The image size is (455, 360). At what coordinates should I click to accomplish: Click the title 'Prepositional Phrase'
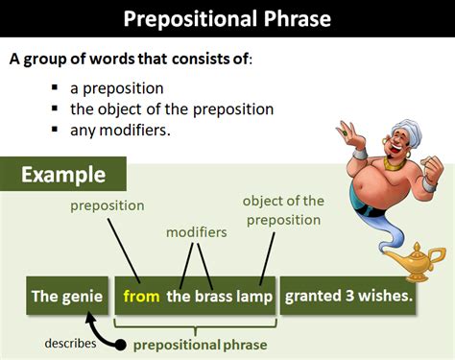(x=227, y=18)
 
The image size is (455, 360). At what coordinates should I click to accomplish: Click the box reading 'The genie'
(x=65, y=297)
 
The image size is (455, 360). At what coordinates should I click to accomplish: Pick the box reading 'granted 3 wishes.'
(x=349, y=297)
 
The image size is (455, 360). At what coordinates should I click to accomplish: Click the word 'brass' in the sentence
(x=214, y=297)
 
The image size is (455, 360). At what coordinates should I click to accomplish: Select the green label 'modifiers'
(x=196, y=232)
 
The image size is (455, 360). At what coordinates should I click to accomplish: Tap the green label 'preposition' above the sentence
(x=107, y=205)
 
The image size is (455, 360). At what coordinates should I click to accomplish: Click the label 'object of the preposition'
(x=283, y=209)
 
